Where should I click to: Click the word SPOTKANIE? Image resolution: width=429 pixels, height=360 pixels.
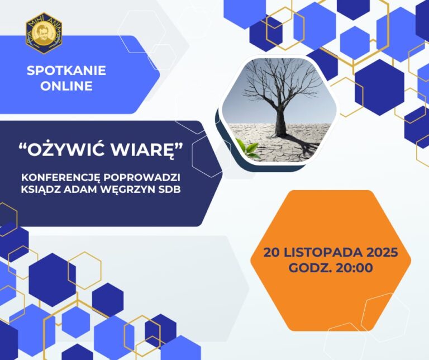(x=66, y=71)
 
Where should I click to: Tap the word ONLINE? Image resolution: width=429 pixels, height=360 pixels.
(x=66, y=86)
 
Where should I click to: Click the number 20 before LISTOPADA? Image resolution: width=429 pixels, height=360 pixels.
(x=273, y=252)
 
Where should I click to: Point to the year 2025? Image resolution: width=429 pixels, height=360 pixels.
(x=383, y=252)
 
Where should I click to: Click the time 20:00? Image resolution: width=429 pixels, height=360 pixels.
(x=354, y=268)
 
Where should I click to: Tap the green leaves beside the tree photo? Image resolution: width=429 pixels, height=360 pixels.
(x=246, y=148)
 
